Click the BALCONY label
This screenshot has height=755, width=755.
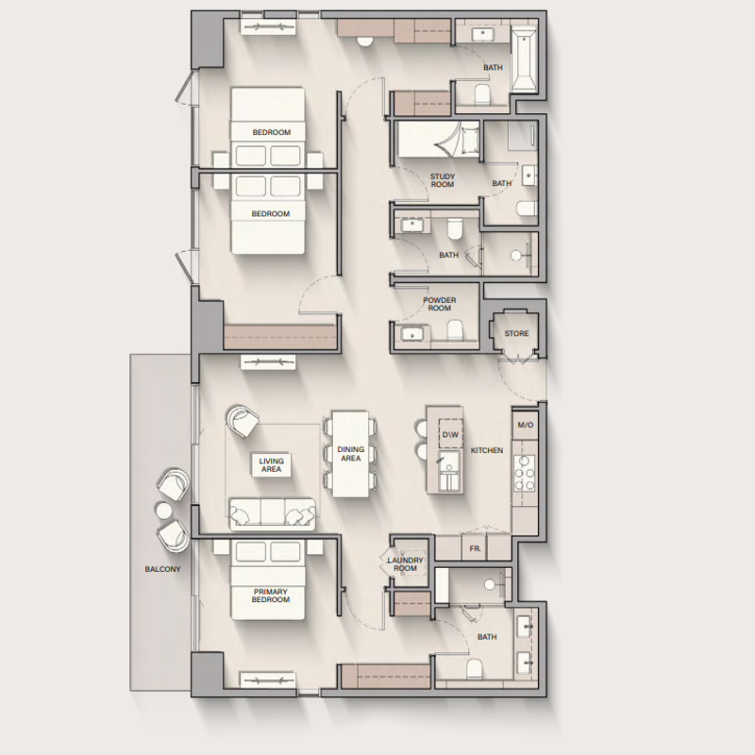coord(162,569)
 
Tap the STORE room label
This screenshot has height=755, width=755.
coord(516,333)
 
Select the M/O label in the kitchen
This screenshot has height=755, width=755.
coord(526,426)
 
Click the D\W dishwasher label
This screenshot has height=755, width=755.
coord(450,435)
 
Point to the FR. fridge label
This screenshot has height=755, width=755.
coord(476,548)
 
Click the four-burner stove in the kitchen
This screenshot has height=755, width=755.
coord(525,473)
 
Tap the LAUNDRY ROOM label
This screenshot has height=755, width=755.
coord(406,564)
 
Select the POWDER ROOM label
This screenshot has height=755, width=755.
coord(440,304)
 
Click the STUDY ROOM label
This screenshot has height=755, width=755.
coord(443,180)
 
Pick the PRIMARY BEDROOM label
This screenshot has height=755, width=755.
coord(271,596)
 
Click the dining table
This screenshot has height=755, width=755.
coord(350,454)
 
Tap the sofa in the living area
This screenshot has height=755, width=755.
coord(273,514)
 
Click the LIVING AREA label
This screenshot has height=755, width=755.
coord(271,465)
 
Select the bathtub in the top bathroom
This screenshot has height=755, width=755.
coord(524,60)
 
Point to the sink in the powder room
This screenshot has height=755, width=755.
coord(411,333)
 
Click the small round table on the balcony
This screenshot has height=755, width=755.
coord(163,511)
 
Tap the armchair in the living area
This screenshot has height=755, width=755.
coord(243,421)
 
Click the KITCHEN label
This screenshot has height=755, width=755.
coord(487,450)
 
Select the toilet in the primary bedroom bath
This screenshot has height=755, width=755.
coord(475,669)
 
